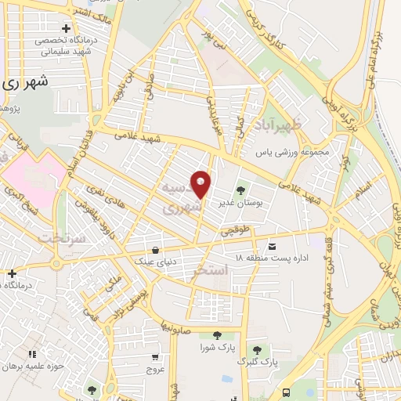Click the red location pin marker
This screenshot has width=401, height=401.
click(201, 184)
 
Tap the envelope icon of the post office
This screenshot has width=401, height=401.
click(273, 245)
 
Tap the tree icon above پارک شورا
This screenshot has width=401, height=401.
click(217, 335)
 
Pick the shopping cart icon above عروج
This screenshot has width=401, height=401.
click(157, 357)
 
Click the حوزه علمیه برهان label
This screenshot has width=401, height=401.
click(31, 367)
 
